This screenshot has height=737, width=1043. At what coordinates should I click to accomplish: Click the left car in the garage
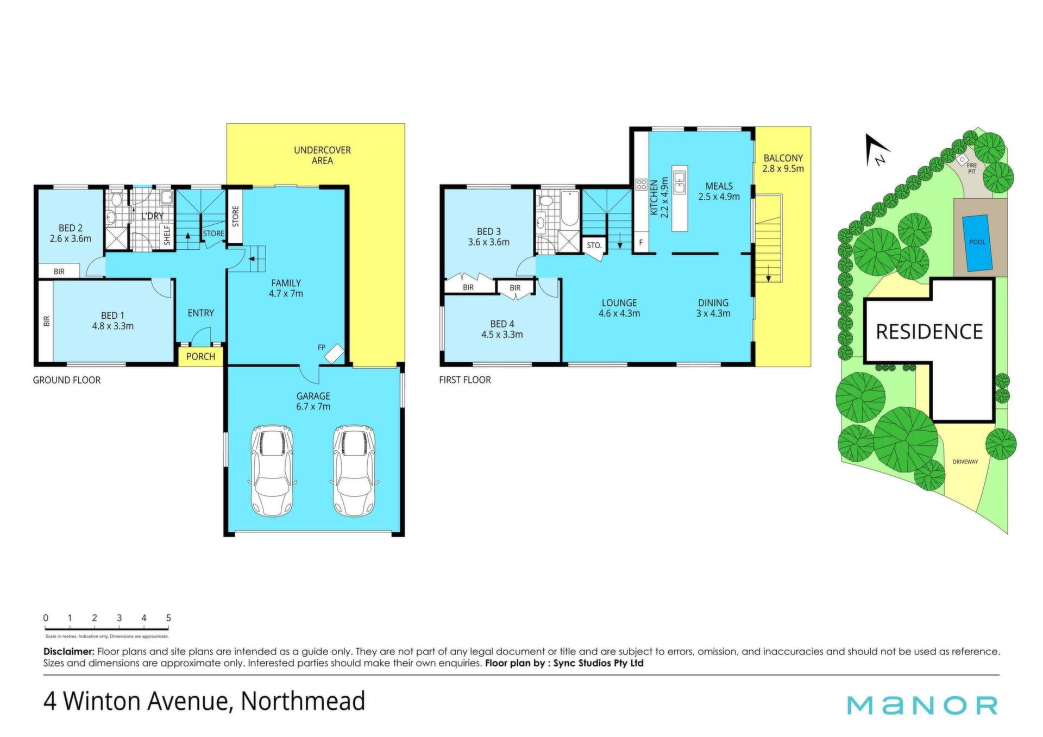tap(272, 470)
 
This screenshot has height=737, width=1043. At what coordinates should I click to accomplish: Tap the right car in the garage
tap(354, 470)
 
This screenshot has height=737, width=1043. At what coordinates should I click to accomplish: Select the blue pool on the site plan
tap(977, 243)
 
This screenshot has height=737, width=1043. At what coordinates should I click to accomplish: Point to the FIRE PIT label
tap(972, 168)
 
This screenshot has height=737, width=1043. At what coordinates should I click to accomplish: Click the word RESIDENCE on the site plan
tap(929, 332)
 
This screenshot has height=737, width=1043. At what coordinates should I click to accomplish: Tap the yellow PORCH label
tap(200, 356)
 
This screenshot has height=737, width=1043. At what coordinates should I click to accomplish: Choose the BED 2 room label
tap(71, 233)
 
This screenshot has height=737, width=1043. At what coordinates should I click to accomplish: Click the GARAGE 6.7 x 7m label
tap(313, 401)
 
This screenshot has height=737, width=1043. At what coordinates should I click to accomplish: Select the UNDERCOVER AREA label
tap(322, 155)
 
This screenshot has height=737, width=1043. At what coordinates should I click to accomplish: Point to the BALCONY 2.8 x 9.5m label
tap(783, 163)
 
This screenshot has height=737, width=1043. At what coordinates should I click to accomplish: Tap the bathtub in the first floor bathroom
tap(569, 208)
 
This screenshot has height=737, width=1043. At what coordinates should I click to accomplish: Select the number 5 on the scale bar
tap(168, 618)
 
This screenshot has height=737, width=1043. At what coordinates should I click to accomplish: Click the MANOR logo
tap(922, 705)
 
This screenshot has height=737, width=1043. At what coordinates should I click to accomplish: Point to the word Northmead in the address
tap(303, 701)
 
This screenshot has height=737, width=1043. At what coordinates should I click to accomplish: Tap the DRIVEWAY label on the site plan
tap(965, 462)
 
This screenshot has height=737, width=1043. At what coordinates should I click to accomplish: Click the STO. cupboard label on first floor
tap(594, 245)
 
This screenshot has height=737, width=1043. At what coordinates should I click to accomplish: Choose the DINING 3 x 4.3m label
tap(713, 308)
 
